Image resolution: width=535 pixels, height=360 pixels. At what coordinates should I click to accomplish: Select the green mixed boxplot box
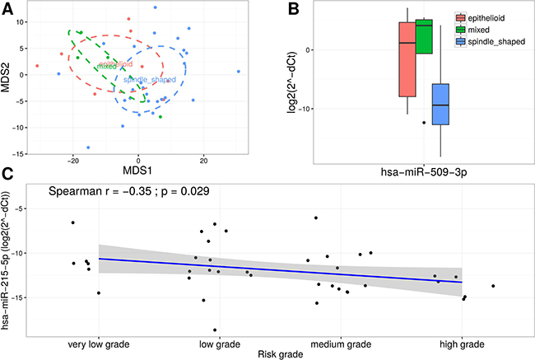click(425, 37)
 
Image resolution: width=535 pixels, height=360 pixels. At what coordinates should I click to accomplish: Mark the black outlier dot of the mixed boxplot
click(424, 122)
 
